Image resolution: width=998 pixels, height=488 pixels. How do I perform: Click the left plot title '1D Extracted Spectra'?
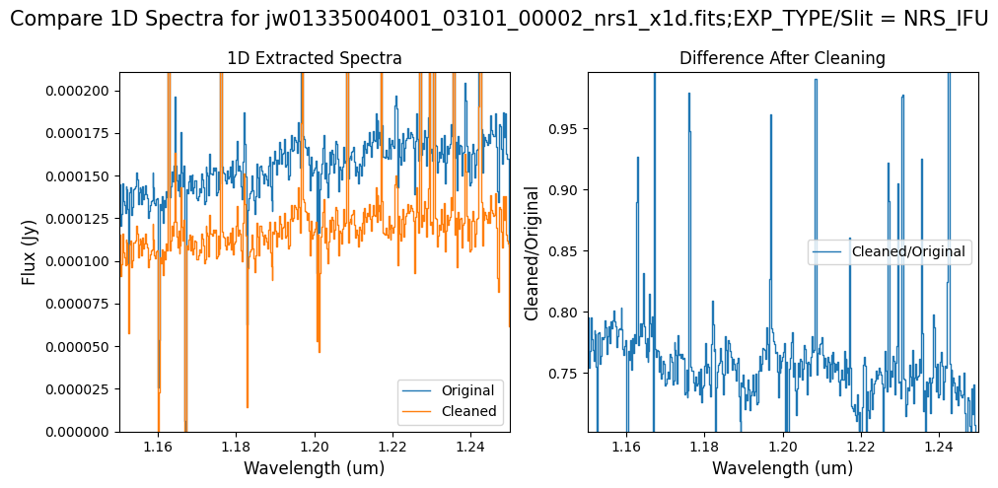[315, 58]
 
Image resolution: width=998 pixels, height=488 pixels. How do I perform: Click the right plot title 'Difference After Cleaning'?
[782, 58]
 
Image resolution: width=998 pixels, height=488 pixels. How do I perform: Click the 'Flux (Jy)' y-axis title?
[29, 251]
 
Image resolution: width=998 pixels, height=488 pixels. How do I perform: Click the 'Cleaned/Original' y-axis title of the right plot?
[533, 251]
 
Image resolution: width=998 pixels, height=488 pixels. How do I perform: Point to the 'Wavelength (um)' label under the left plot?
[315, 467]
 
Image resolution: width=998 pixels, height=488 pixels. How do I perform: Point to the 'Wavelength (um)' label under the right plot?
[783, 467]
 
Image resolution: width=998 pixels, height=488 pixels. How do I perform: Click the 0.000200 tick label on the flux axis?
[81, 91]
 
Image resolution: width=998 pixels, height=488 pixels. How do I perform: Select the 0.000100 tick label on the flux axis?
[81, 261]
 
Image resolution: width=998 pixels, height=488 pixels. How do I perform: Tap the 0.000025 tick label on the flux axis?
[81, 389]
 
